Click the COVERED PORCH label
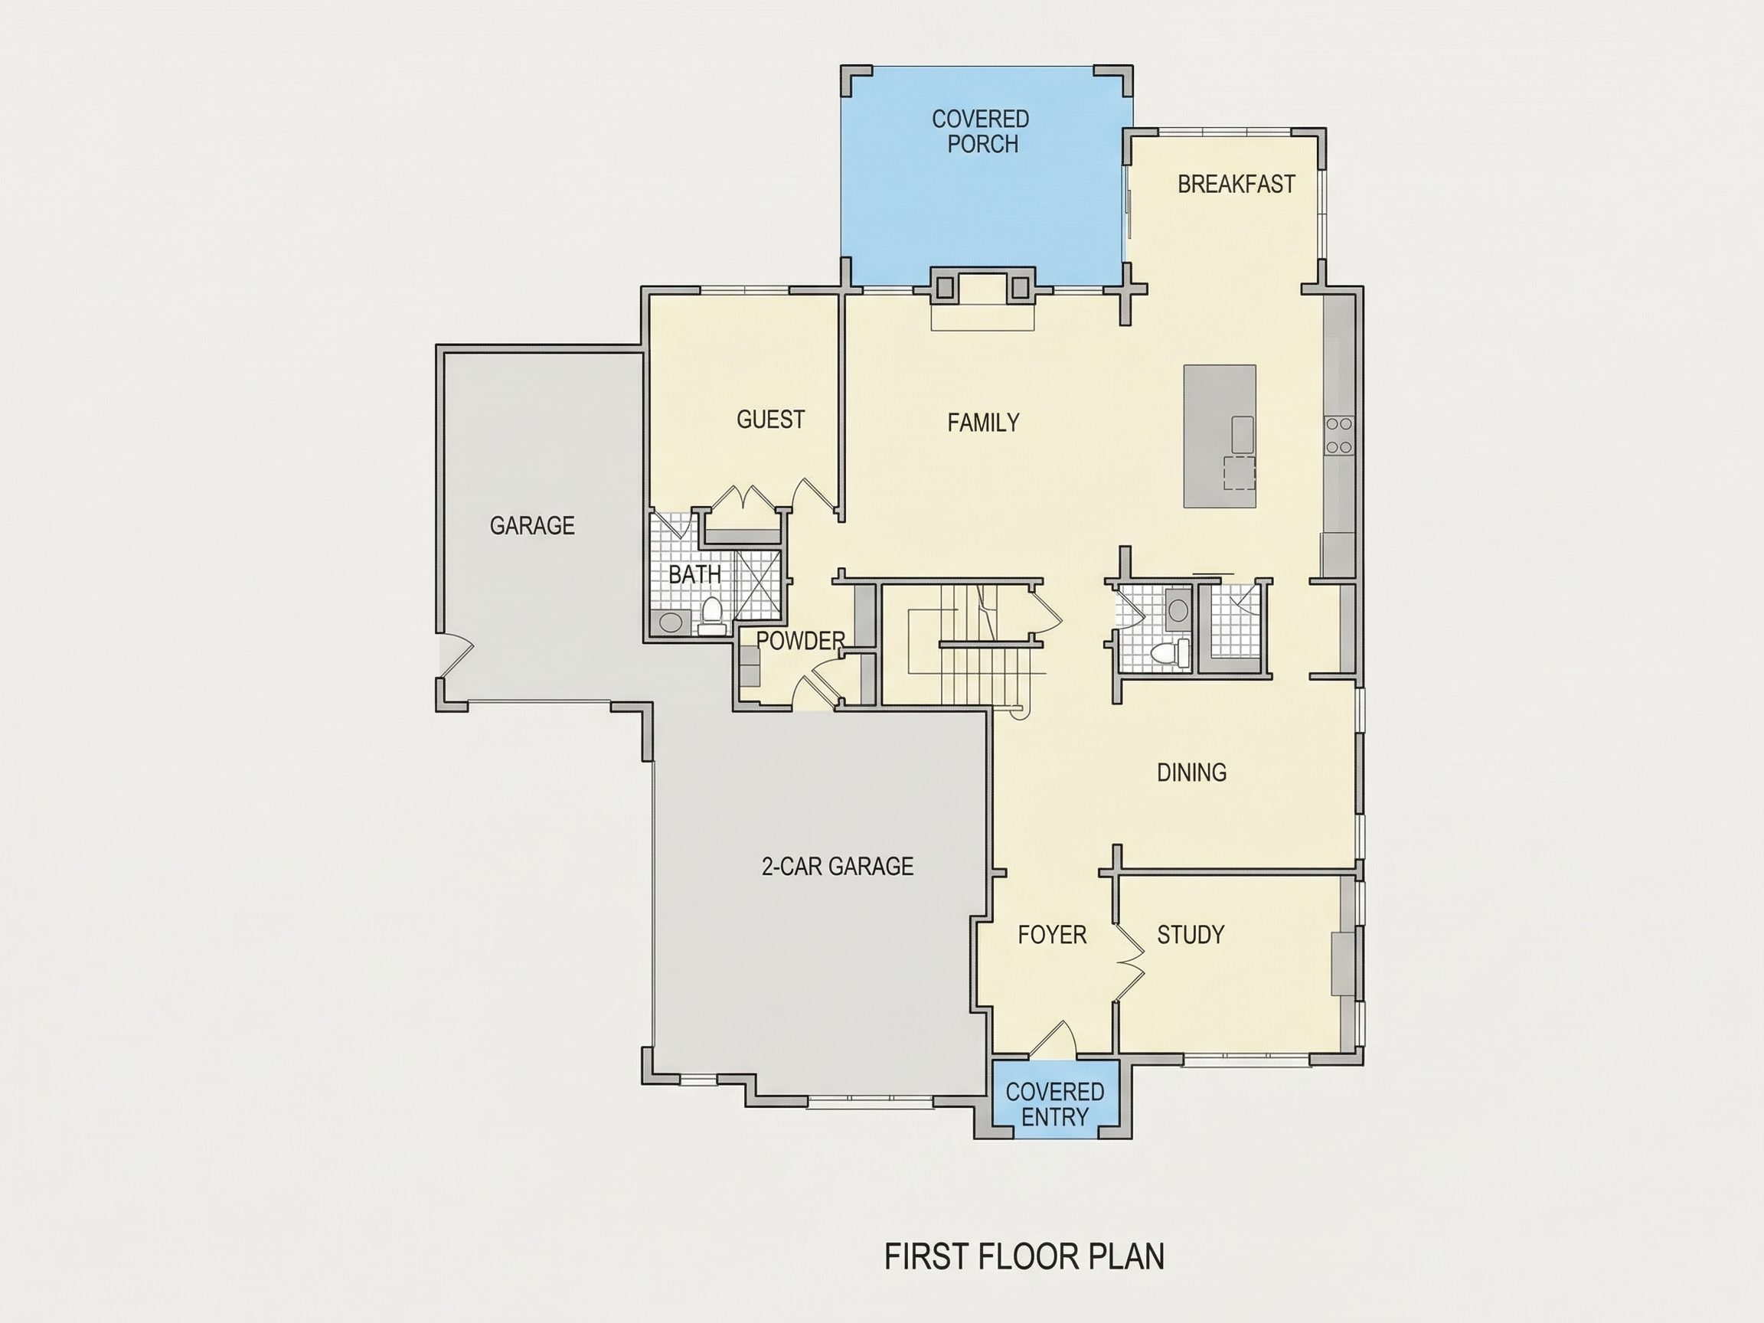tap(981, 132)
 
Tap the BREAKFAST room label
tap(1236, 185)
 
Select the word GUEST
tap(770, 420)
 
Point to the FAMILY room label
tap(983, 423)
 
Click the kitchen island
tap(1220, 436)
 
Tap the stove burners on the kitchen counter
tap(1339, 436)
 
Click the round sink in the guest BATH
tap(670, 622)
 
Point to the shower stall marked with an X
tap(756, 584)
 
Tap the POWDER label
tap(801, 640)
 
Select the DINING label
tap(1191, 772)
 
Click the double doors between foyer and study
tap(1130, 962)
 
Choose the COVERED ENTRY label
tap(1054, 1105)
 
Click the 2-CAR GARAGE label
tap(838, 866)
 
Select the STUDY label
tap(1191, 935)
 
